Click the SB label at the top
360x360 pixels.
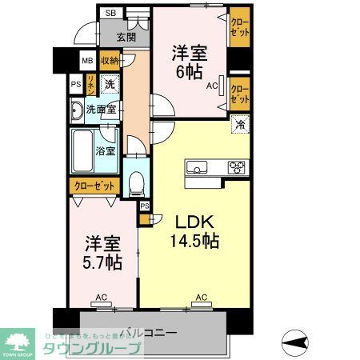pos(110,14)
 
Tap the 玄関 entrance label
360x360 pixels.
pos(126,37)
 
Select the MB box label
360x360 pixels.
pos(86,61)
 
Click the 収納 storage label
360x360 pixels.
pos(110,61)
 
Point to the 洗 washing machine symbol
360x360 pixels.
pos(110,83)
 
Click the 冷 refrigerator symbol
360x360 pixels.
pos(238,125)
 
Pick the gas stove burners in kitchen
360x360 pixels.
pos(238,167)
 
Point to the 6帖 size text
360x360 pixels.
pos(191,71)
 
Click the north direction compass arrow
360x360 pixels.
pos(295,342)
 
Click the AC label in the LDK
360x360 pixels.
pos(202,298)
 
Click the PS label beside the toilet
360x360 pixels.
pos(144,206)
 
